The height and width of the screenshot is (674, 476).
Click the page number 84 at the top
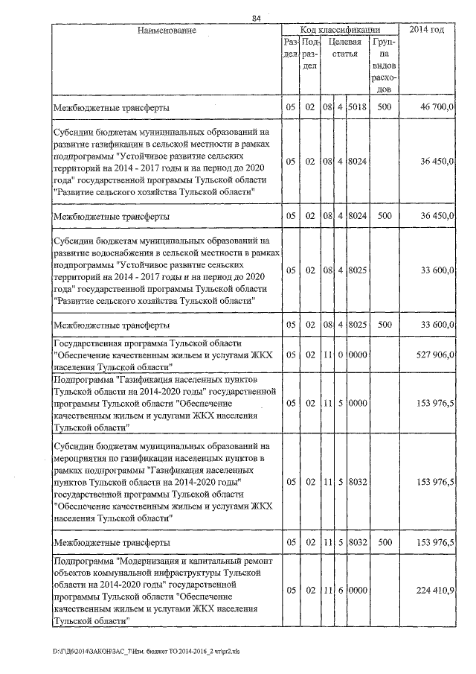click(x=256, y=17)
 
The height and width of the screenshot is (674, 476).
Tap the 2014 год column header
click(x=428, y=31)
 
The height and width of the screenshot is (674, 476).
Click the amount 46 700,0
click(x=437, y=108)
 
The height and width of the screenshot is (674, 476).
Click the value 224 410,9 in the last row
click(x=437, y=590)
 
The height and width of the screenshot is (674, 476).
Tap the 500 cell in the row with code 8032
click(x=384, y=541)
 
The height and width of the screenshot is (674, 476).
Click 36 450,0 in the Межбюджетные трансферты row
click(x=437, y=216)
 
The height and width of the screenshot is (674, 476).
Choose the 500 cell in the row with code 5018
click(x=384, y=108)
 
